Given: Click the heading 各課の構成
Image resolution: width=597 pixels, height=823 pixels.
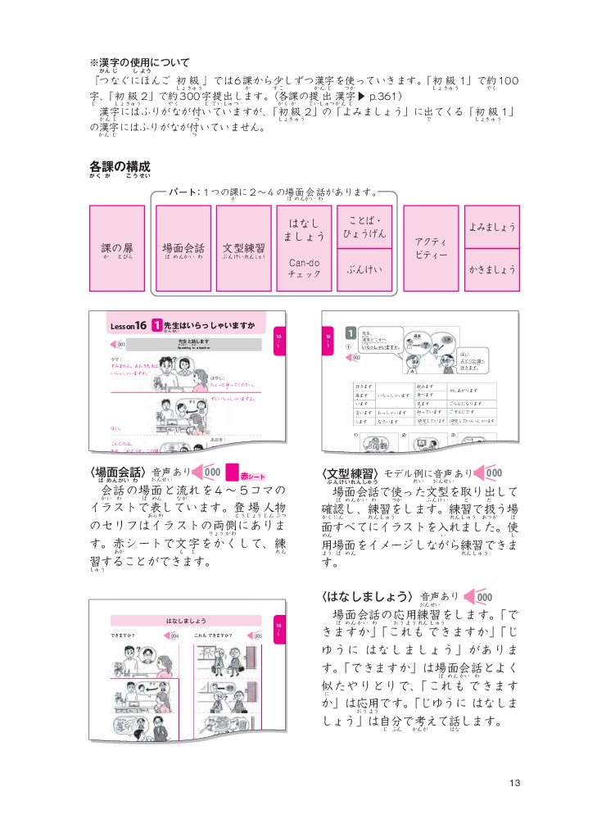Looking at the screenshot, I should pyautogui.click(x=120, y=166).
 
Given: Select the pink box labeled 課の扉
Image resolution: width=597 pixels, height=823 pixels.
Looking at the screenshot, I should pyautogui.click(x=117, y=247).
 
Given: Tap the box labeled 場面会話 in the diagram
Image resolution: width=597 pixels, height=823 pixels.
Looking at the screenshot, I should pyautogui.click(x=183, y=247).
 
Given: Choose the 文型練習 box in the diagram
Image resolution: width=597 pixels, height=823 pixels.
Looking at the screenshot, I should pyautogui.click(x=243, y=247).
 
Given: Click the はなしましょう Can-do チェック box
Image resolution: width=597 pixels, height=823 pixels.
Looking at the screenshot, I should pyautogui.click(x=304, y=247).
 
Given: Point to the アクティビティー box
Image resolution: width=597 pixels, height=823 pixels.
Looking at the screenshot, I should pyautogui.click(x=431, y=247).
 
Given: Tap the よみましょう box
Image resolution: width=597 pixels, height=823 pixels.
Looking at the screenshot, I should pyautogui.click(x=492, y=226).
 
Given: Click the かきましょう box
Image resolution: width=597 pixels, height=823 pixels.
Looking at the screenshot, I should pyautogui.click(x=492, y=269).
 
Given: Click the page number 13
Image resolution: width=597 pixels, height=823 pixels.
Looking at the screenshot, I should pyautogui.click(x=514, y=782).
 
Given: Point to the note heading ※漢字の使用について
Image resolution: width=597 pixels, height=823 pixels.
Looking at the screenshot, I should pyautogui.click(x=139, y=63).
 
